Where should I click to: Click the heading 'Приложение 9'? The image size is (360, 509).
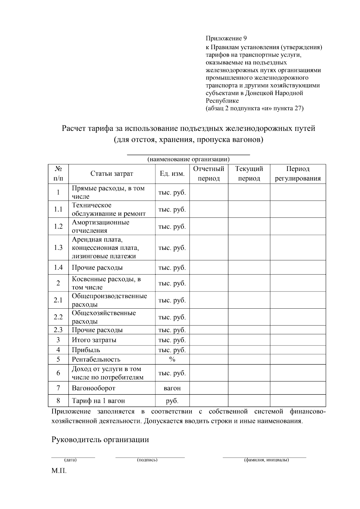point(226,38)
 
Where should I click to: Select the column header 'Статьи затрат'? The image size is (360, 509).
point(112,174)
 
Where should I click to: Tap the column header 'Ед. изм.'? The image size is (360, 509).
point(172,174)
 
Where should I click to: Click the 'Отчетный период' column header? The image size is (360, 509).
point(209,174)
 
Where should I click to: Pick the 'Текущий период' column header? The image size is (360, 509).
point(249,174)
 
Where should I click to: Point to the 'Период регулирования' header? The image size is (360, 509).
point(298,174)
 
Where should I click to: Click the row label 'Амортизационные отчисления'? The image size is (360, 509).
point(100,226)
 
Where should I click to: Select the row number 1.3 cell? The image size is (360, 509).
point(58,248)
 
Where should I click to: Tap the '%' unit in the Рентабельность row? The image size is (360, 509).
point(172,359)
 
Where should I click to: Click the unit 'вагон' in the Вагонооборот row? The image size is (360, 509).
point(172,388)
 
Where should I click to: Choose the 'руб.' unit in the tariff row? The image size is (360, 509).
point(172,401)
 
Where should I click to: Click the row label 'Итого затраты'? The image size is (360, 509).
point(94,340)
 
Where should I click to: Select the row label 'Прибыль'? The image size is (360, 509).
point(86,350)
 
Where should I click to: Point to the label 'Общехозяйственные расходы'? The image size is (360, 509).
point(103,317)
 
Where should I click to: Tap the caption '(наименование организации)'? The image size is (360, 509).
point(188,159)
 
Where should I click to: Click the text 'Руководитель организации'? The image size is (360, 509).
point(100,440)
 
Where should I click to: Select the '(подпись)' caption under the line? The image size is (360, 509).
point(147,460)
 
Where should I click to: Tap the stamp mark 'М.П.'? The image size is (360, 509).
point(59,471)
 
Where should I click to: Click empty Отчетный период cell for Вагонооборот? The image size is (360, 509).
point(209,388)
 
